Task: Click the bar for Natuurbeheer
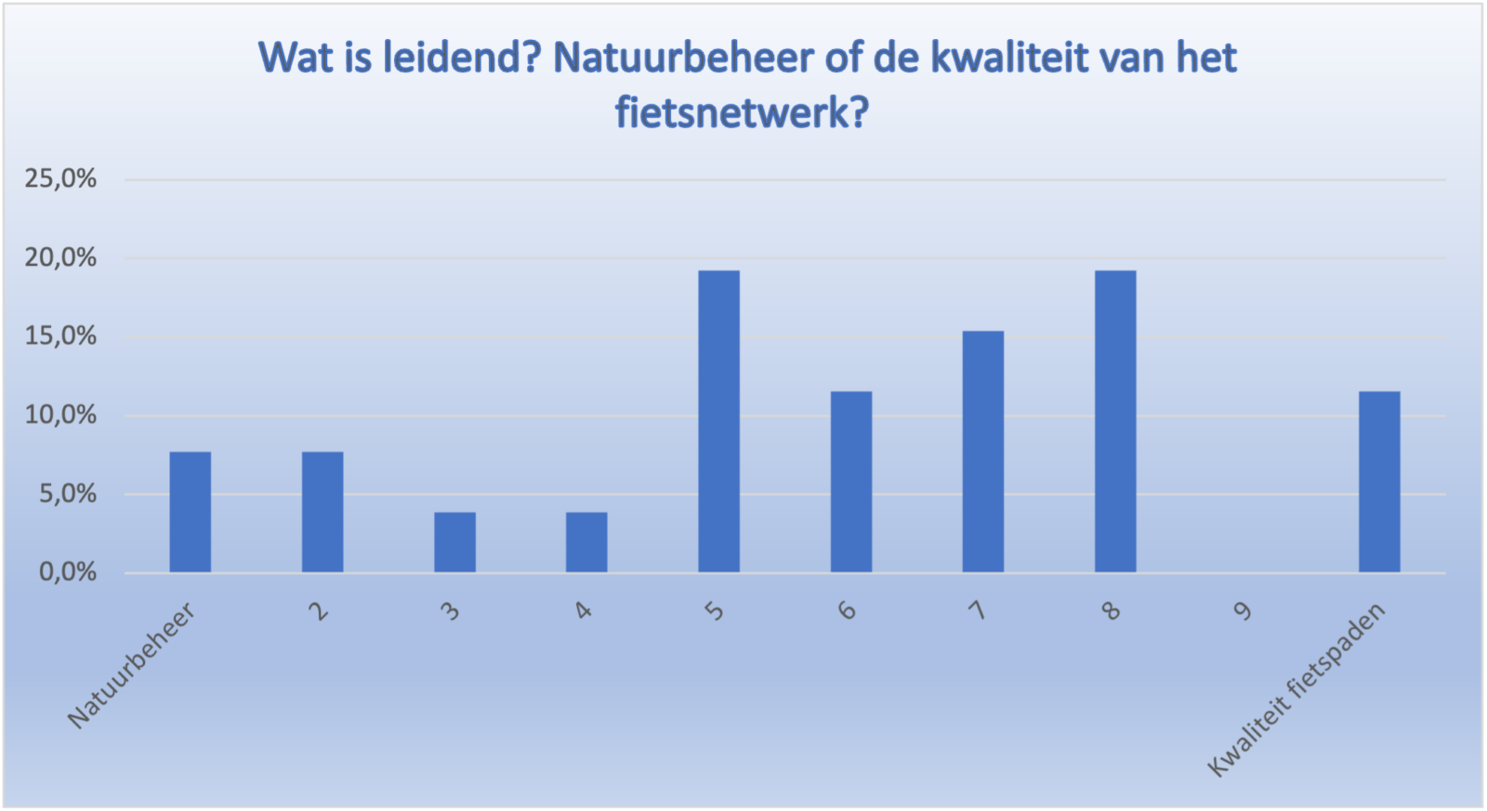pos(191,512)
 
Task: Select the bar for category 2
pos(322,512)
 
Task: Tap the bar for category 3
pos(454,543)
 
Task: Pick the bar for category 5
pos(719,422)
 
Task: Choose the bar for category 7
pos(983,451)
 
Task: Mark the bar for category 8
pos(1115,422)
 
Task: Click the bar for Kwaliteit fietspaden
pos(1379,482)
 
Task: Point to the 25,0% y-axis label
pos(60,178)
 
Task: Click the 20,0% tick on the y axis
pos(60,257)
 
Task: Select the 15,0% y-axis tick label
pos(60,336)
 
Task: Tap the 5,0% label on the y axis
pos(68,494)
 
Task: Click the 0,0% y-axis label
pos(68,572)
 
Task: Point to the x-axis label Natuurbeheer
pos(131,665)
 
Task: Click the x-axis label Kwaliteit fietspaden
pos(1296,689)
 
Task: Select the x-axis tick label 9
pos(1243,610)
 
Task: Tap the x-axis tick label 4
pos(583,610)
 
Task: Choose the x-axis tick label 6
pos(847,610)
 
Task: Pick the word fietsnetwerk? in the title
pos(743,112)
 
